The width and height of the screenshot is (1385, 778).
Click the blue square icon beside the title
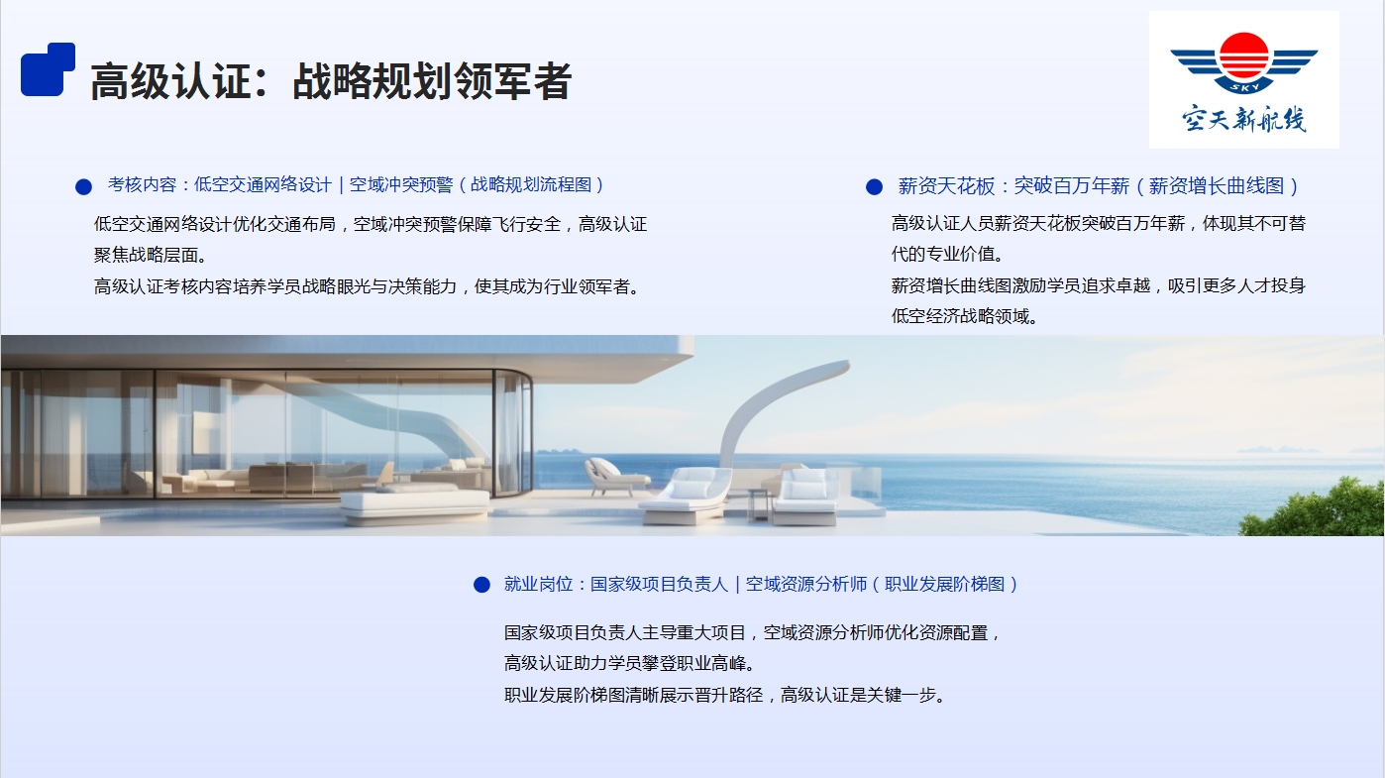pos(48,69)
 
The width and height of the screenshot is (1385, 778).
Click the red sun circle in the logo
pos(1243,56)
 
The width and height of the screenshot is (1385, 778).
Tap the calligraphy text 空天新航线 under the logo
pos(1244,119)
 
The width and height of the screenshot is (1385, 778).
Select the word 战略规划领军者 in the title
pos(432,81)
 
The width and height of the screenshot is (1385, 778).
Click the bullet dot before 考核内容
pos(83,186)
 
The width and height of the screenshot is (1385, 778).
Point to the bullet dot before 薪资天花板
pos(874,186)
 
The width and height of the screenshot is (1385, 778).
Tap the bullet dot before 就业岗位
pos(481,585)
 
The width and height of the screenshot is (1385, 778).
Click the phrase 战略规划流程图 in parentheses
pos(531,185)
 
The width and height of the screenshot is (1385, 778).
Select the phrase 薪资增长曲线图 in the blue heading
pos(1217,186)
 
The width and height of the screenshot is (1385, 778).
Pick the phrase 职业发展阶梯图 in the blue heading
pos(945,585)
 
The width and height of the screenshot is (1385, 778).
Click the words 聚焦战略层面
pos(146,256)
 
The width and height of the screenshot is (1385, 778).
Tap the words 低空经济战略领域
pos(960,316)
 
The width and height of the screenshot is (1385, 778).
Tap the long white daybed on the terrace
pos(415,504)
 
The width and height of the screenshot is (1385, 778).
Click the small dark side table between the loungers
pos(758,504)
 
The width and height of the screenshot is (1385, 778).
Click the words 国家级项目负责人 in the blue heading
pos(659,585)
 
